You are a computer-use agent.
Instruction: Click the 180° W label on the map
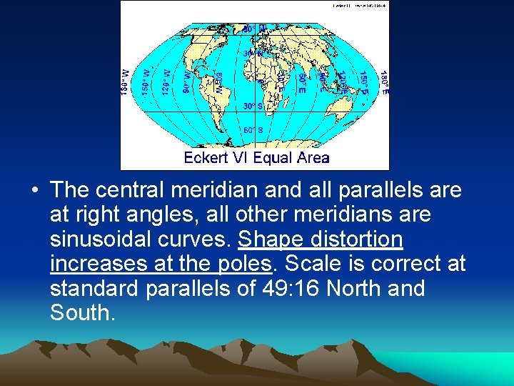point(126,81)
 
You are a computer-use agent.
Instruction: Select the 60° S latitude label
point(254,130)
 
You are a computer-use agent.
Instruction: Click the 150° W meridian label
point(146,81)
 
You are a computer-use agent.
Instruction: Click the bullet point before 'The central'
point(34,191)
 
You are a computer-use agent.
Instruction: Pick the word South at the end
point(81,313)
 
